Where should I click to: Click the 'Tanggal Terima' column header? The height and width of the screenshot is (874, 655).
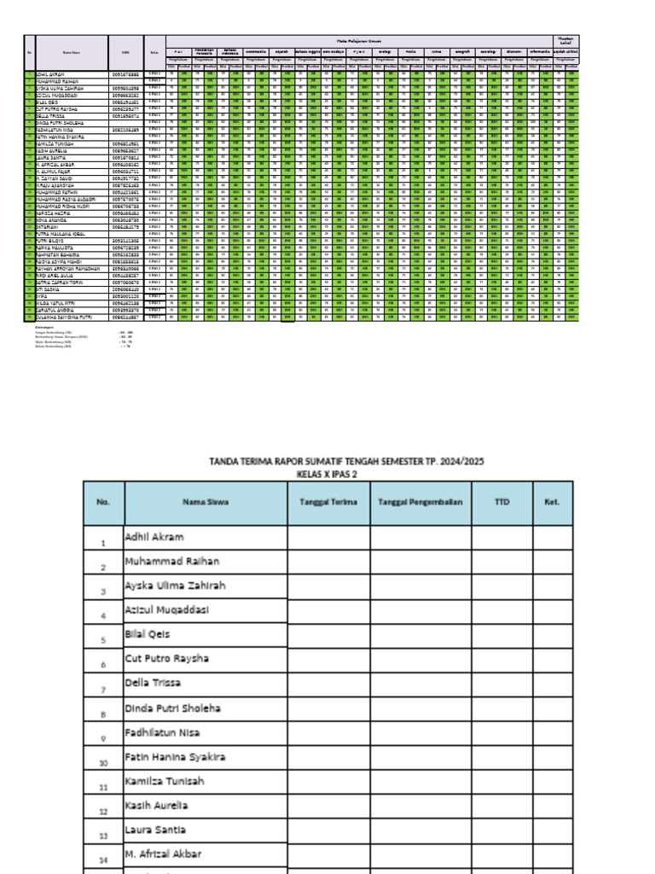click(328, 502)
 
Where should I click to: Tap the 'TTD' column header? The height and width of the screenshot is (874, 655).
click(501, 502)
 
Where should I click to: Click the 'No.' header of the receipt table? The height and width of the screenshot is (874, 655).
click(103, 502)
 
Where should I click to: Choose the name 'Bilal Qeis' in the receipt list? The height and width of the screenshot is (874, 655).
click(148, 636)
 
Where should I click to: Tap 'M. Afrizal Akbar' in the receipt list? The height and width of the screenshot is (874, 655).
click(161, 854)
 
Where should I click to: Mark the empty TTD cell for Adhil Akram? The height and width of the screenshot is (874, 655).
click(501, 538)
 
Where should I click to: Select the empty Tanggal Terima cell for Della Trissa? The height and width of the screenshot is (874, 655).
click(328, 684)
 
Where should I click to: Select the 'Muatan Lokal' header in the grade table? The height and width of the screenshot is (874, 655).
click(565, 40)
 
